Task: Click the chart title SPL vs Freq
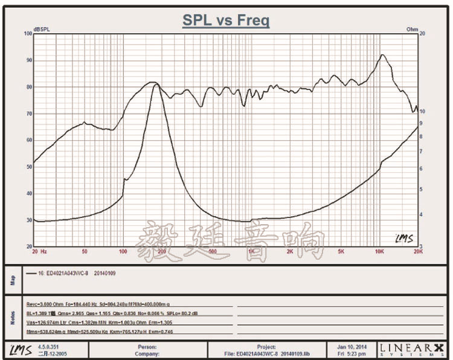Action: [226, 21]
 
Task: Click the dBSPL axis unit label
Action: [42, 29]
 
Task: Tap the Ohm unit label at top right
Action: [413, 29]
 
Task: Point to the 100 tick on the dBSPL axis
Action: [27, 34]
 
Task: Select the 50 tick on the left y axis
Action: [28, 167]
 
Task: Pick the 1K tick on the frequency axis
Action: [251, 251]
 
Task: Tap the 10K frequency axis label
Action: [379, 251]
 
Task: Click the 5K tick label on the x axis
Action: [341, 251]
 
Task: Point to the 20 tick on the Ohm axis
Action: [422, 34]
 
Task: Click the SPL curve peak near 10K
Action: [382, 56]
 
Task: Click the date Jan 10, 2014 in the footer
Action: [352, 346]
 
